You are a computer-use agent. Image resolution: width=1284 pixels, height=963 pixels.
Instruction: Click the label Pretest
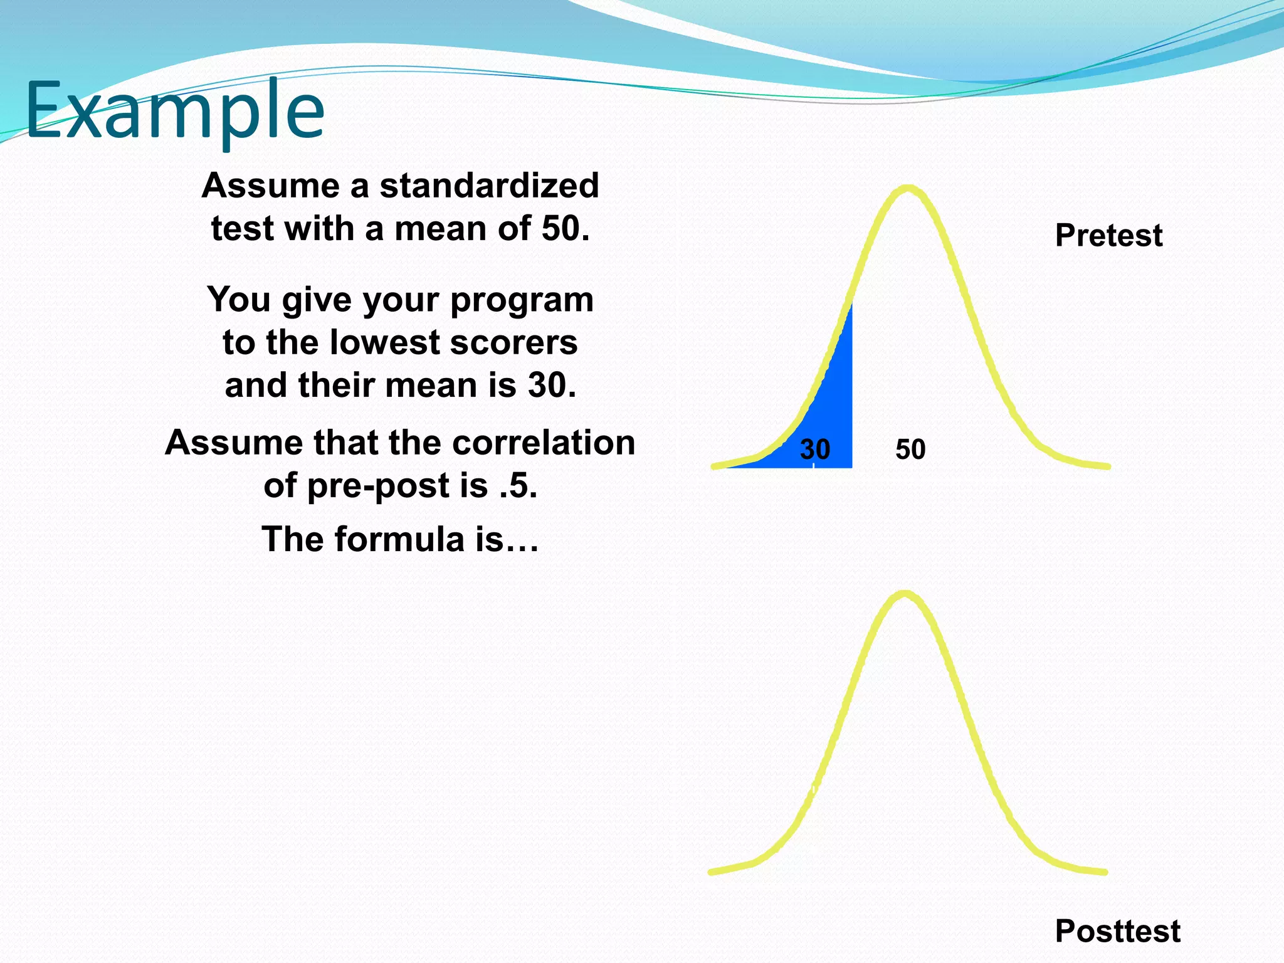pyautogui.click(x=1108, y=236)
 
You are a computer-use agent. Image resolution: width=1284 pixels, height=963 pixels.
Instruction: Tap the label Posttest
pyautogui.click(x=1117, y=930)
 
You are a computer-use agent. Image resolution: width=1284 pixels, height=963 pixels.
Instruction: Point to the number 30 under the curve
pyautogui.click(x=814, y=450)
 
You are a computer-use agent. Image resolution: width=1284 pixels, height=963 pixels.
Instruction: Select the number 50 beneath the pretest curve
pyautogui.click(x=910, y=450)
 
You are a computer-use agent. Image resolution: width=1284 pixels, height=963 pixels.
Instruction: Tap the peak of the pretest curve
pyautogui.click(x=907, y=188)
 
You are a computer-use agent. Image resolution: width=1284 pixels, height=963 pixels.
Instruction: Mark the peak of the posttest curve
pyautogui.click(x=903, y=594)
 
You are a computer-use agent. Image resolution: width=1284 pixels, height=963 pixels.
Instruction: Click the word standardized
pyautogui.click(x=489, y=186)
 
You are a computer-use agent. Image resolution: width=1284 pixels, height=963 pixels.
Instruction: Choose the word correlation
pyautogui.click(x=543, y=443)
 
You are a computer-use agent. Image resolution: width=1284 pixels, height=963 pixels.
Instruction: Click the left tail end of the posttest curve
pyautogui.click(x=712, y=871)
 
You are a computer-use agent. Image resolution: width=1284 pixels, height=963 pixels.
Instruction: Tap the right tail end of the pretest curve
pyautogui.click(x=1107, y=466)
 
